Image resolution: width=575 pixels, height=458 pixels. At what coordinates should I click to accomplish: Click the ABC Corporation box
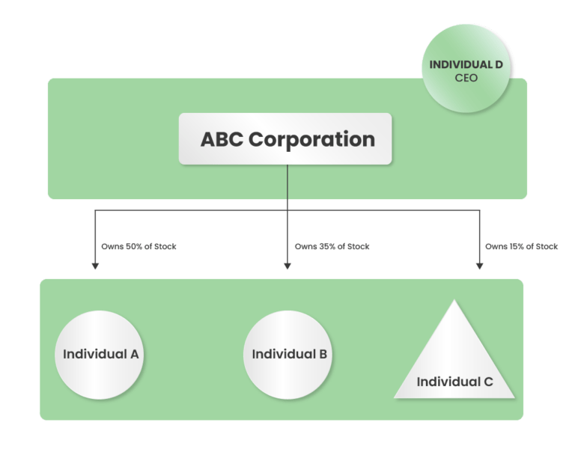click(x=285, y=138)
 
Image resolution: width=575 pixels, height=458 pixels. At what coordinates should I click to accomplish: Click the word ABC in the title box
click(x=222, y=139)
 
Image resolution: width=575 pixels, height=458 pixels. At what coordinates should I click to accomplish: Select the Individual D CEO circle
click(x=466, y=69)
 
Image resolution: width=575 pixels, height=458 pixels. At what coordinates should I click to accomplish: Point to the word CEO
click(x=466, y=77)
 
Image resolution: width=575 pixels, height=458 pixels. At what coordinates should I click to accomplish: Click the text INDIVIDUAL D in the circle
click(x=466, y=64)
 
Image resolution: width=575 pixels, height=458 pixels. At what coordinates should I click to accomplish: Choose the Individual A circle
click(x=100, y=354)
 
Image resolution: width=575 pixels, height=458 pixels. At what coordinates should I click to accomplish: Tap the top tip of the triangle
click(x=454, y=302)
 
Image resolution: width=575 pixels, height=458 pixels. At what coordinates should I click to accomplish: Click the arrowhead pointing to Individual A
click(x=95, y=264)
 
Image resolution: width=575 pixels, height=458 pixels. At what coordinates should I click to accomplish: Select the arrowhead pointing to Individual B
click(x=287, y=264)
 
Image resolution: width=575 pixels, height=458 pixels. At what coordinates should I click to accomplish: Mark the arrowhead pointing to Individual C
click(x=479, y=264)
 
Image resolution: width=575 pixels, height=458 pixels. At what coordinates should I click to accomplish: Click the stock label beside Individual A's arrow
click(x=139, y=246)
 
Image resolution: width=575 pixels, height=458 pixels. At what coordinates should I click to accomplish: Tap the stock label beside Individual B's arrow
click(x=332, y=246)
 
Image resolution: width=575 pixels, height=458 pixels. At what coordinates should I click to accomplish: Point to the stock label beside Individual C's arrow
click(x=522, y=246)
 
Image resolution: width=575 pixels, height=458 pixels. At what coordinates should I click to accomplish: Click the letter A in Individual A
click(x=134, y=354)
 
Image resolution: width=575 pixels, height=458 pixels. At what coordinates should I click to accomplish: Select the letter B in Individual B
click(x=322, y=354)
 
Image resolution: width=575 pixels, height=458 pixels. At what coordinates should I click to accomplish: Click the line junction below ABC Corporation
click(x=287, y=210)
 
